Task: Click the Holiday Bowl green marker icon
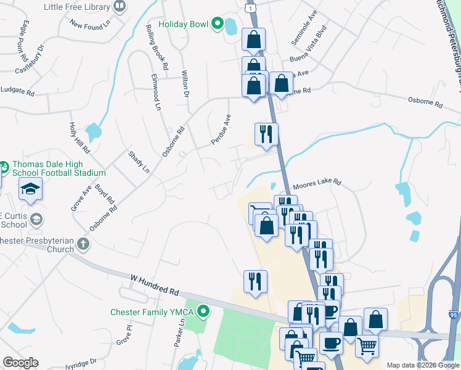tap(217, 24)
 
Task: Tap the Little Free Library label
tap(77, 7)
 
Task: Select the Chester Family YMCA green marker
tap(202, 312)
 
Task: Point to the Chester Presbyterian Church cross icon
tap(83, 245)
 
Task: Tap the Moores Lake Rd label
tap(317, 183)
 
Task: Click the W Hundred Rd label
tap(154, 285)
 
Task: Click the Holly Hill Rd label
tap(80, 137)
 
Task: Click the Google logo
tap(20, 363)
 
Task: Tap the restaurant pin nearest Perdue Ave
tap(266, 133)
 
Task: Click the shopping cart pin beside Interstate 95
tap(367, 346)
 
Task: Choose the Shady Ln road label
tap(139, 161)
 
